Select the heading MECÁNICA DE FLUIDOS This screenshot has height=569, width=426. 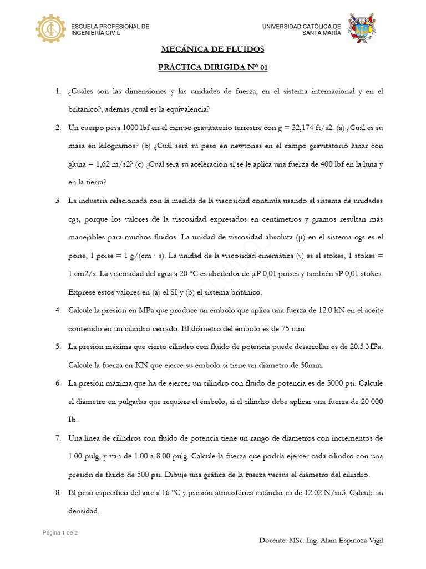click(x=213, y=49)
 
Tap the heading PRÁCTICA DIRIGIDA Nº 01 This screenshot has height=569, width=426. click(x=213, y=67)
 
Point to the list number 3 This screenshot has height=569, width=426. click(x=58, y=200)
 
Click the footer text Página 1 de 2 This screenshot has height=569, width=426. click(x=60, y=533)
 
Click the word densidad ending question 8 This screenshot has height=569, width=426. click(x=84, y=511)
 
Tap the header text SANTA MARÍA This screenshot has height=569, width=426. click(x=322, y=33)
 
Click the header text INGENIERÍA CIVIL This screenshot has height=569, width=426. click(x=95, y=33)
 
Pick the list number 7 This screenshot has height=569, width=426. click(x=58, y=438)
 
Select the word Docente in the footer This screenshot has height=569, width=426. click(x=273, y=541)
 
